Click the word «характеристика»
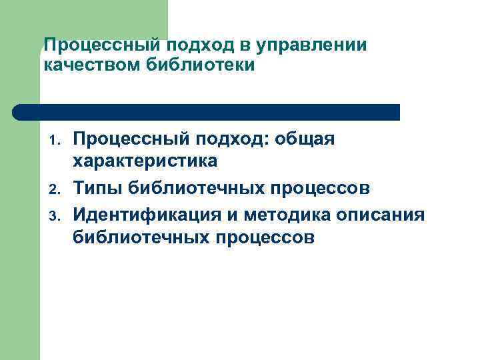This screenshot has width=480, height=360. [145, 162]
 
